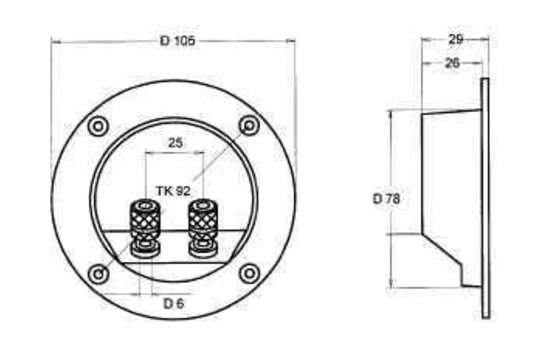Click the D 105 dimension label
click(177, 40)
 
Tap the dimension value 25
click(175, 144)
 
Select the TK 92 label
click(173, 190)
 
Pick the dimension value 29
click(455, 40)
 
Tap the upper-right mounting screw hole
click(250, 125)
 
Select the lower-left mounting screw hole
click(98, 274)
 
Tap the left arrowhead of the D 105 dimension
click(55, 41)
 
